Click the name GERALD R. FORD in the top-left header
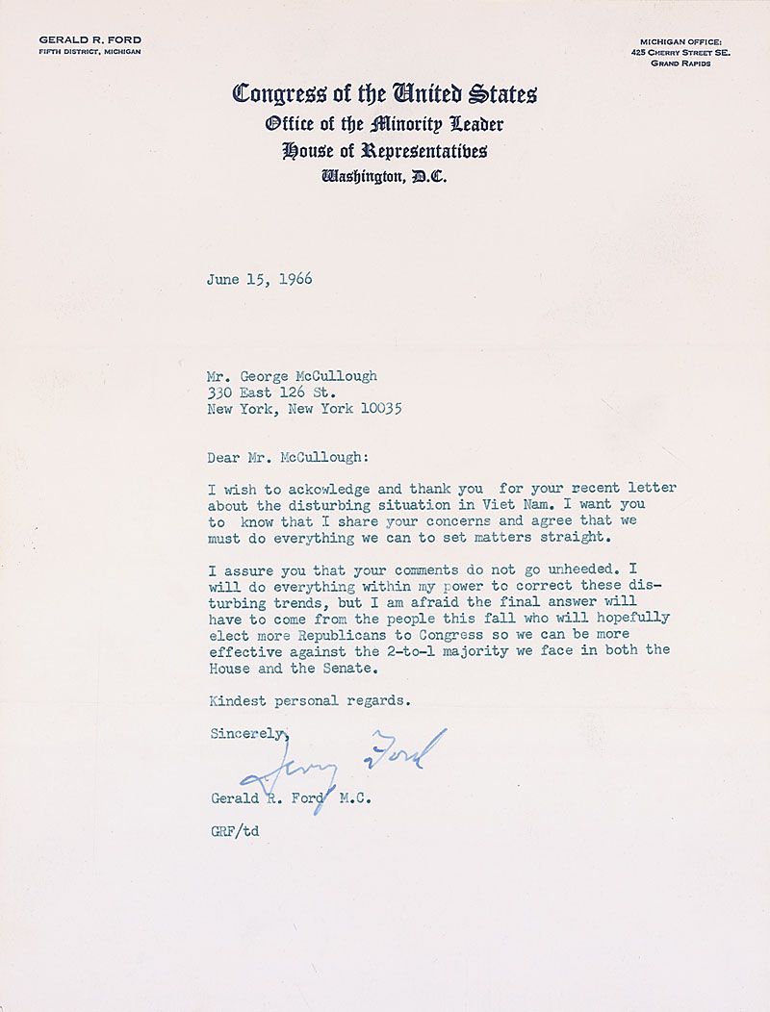(x=90, y=39)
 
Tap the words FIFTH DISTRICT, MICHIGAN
(x=90, y=52)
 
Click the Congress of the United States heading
(x=384, y=94)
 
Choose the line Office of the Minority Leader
(x=384, y=124)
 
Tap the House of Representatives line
(x=384, y=150)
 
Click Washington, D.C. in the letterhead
(x=384, y=176)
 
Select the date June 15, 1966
(x=259, y=280)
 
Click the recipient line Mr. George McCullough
(x=293, y=376)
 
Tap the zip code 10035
(x=377, y=408)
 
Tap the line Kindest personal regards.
(x=309, y=700)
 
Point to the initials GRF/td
(x=234, y=829)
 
